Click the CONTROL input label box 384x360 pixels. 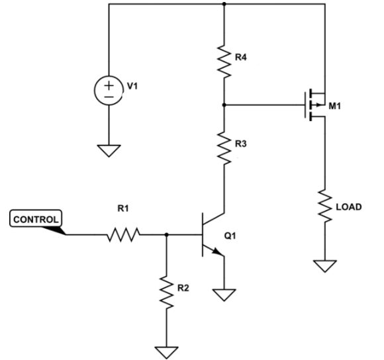coord(36,218)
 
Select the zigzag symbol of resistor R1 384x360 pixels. coord(124,234)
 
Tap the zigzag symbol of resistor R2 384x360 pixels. coord(167,292)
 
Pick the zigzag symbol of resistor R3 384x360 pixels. coord(224,148)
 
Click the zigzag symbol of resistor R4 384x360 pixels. coord(224,61)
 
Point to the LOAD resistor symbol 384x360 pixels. coord(325,206)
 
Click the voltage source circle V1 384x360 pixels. coord(109,91)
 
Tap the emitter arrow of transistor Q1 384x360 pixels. coord(217,252)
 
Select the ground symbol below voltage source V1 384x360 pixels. coord(109,151)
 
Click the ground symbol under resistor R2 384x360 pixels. coord(167,353)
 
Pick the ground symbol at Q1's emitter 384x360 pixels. coord(224,295)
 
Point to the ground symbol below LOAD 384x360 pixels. coord(325,266)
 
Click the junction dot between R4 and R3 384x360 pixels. coord(224,105)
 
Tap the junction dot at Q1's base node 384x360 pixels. coord(167,235)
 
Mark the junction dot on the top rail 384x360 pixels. coord(224,4)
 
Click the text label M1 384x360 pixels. coord(334,107)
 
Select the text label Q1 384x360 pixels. coord(230,236)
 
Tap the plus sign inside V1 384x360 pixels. coord(109,85)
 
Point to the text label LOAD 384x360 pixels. coord(349,207)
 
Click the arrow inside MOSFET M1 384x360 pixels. coord(318,105)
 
